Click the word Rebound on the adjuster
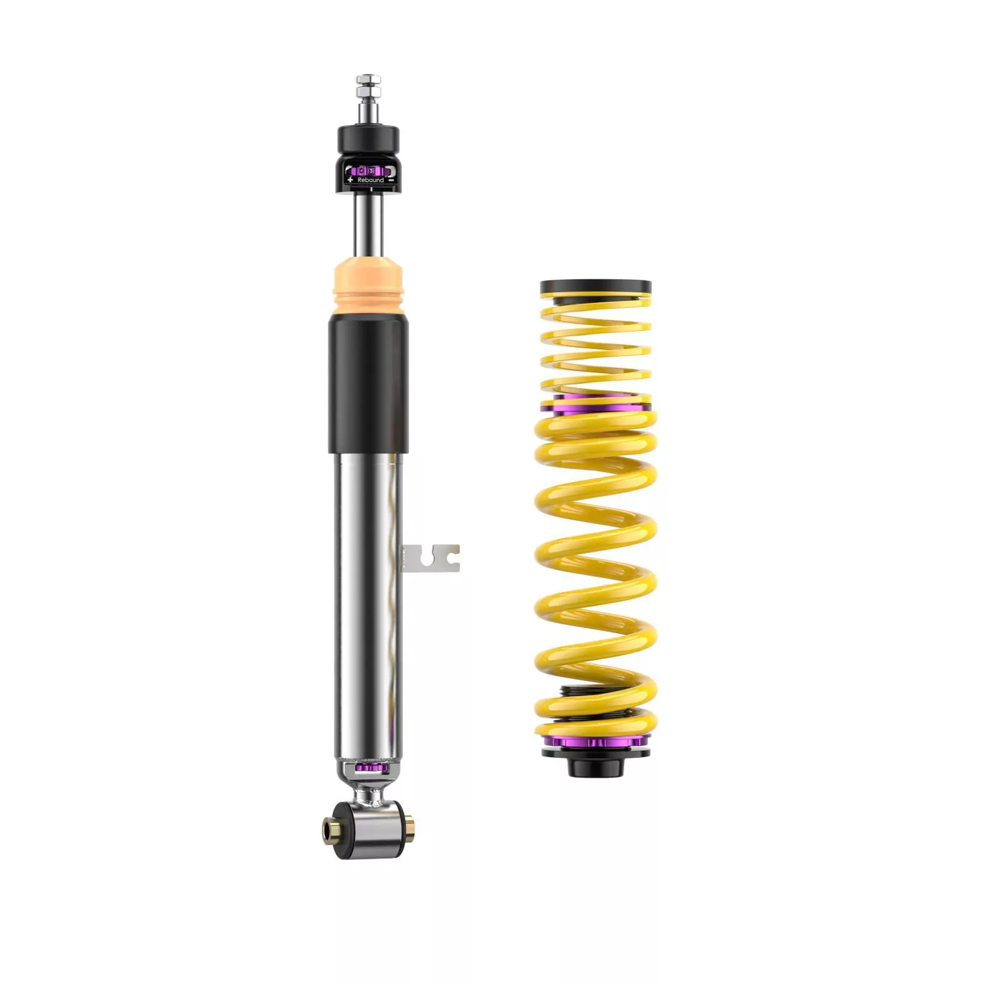[x=370, y=180]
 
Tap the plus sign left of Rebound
[x=350, y=180]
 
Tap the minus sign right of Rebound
[x=392, y=180]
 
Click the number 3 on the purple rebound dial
[x=371, y=170]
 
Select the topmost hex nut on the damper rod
[x=368, y=79]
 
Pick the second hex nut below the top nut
[x=368, y=92]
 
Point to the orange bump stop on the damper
[x=368, y=287]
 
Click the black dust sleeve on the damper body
[x=368, y=384]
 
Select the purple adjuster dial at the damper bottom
[x=368, y=768]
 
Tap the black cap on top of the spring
[x=595, y=287]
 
